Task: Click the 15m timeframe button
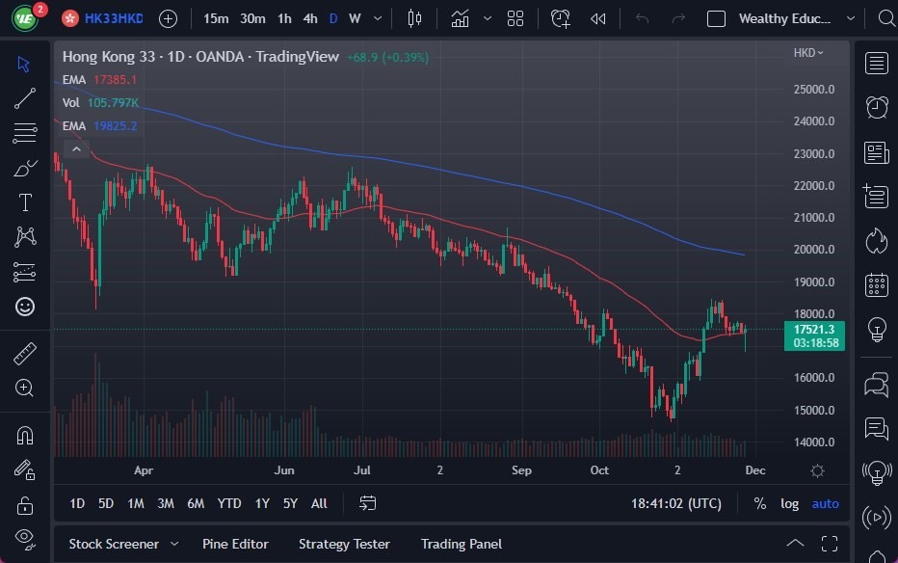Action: click(x=216, y=18)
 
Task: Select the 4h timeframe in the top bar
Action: click(x=309, y=18)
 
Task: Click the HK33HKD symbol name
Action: click(x=114, y=18)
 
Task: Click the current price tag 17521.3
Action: click(x=815, y=329)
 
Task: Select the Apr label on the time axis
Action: click(x=144, y=470)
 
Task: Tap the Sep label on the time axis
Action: click(x=521, y=470)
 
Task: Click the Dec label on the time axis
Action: click(x=754, y=470)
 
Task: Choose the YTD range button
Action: click(x=229, y=503)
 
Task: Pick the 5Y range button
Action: click(x=290, y=503)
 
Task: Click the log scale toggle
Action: click(x=789, y=503)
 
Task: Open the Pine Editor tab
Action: click(x=235, y=544)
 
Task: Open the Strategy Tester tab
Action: click(x=344, y=544)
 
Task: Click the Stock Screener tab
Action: click(x=113, y=544)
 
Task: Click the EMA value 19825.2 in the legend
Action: click(x=115, y=125)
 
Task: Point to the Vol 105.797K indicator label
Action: click(x=100, y=102)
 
